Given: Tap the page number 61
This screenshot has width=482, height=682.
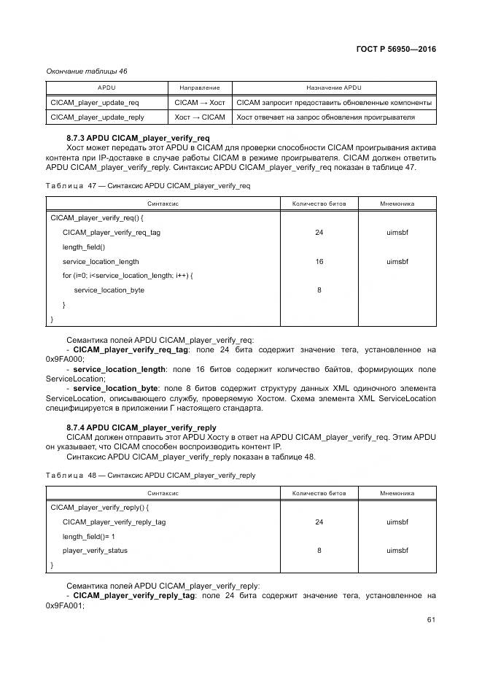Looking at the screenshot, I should tap(431, 620).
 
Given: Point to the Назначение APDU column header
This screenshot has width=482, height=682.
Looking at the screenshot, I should tap(334, 88).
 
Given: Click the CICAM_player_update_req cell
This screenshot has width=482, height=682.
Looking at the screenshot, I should tap(95, 102).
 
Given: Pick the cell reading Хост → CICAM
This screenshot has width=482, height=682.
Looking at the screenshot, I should tap(200, 117).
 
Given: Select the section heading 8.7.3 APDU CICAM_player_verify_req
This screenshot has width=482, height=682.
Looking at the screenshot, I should tap(138, 138).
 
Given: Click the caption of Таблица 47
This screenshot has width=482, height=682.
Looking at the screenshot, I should tap(148, 186).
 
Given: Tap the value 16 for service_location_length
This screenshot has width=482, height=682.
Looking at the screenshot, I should tap(319, 261).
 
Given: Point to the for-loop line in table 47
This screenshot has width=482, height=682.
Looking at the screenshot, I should tap(127, 275).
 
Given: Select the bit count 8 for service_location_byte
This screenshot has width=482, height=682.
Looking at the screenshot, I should tap(319, 290).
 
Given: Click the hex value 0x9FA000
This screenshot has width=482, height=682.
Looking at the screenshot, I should tap(65, 359).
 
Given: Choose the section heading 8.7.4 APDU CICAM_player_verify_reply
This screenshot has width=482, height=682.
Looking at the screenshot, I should tap(141, 427).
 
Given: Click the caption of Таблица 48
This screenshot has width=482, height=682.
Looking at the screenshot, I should tap(150, 475).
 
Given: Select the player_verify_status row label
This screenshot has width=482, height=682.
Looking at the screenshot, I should tap(95, 551).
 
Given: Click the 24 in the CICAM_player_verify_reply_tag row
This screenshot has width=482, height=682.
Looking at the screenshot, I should tap(319, 522).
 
